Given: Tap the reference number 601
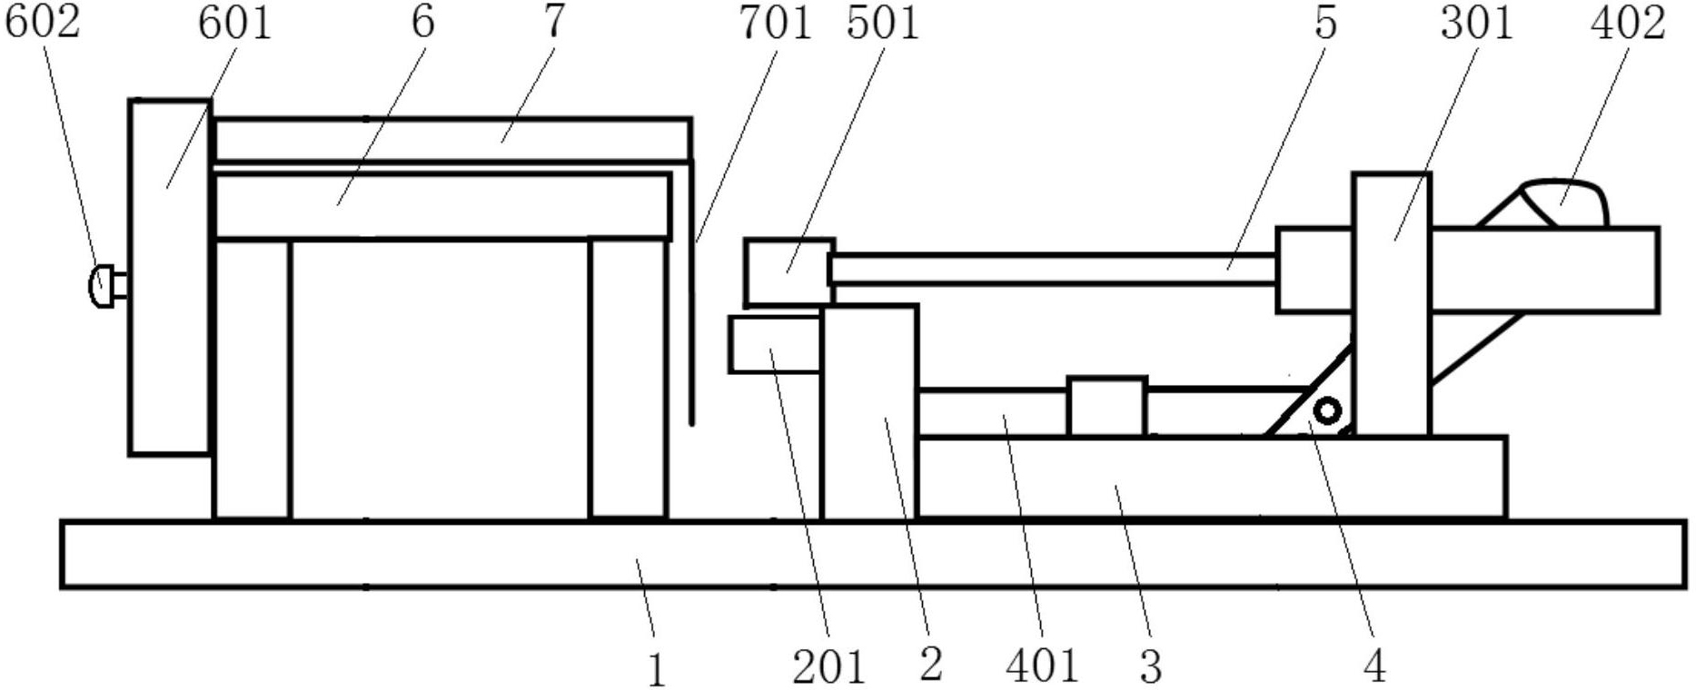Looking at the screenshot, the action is pos(235,22).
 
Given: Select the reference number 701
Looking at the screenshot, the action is pos(774,22).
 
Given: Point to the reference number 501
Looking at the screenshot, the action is pos(882,22).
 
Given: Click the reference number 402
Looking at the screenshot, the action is pos(1628,22).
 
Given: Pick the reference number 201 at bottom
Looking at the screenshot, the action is pos(828,667).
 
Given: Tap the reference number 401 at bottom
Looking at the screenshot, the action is pos(1042,667).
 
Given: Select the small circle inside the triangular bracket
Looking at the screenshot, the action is pos(1327,411).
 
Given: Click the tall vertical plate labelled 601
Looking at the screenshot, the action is pos(170,276).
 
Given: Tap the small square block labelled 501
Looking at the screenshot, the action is pos(788,271).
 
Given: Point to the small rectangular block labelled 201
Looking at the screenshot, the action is pos(776,343).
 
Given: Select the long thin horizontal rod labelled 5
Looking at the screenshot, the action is pos(1054,270).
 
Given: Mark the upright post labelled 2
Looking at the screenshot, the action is pos(869,412).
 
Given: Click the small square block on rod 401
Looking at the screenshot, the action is pos(1106,407).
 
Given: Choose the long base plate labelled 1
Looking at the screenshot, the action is pos(873,554).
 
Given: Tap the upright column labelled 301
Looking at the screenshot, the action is pos(1392,304).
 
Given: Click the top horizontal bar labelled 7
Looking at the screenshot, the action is pos(451,140).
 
